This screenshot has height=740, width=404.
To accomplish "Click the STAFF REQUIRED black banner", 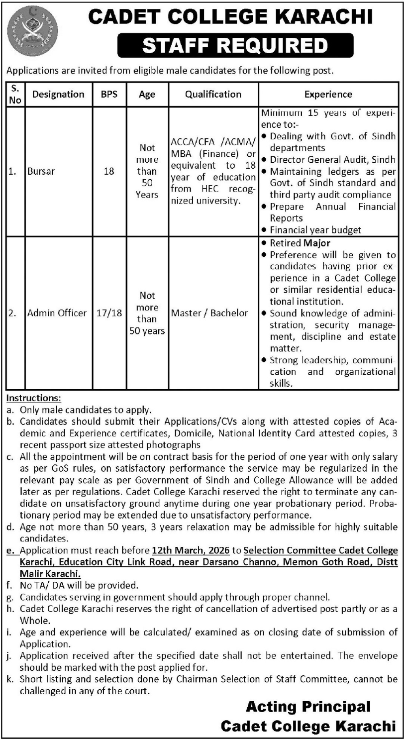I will (235, 46).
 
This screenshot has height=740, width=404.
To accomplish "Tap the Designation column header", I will (58, 94).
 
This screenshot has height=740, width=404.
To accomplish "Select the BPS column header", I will (109, 94).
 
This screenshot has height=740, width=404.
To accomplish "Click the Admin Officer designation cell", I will (57, 313).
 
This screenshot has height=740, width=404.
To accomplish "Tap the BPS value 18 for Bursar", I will (109, 172).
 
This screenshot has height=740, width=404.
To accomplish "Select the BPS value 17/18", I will (109, 313).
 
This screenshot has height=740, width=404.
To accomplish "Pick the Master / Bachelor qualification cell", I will (209, 313).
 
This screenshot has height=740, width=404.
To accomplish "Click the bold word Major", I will (317, 243).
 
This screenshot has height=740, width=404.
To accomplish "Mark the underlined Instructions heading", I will (34, 398).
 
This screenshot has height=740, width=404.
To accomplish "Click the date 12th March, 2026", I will (191, 550).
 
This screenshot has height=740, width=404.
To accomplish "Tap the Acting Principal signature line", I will (308, 706).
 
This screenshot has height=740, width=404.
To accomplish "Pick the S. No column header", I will (15, 94).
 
